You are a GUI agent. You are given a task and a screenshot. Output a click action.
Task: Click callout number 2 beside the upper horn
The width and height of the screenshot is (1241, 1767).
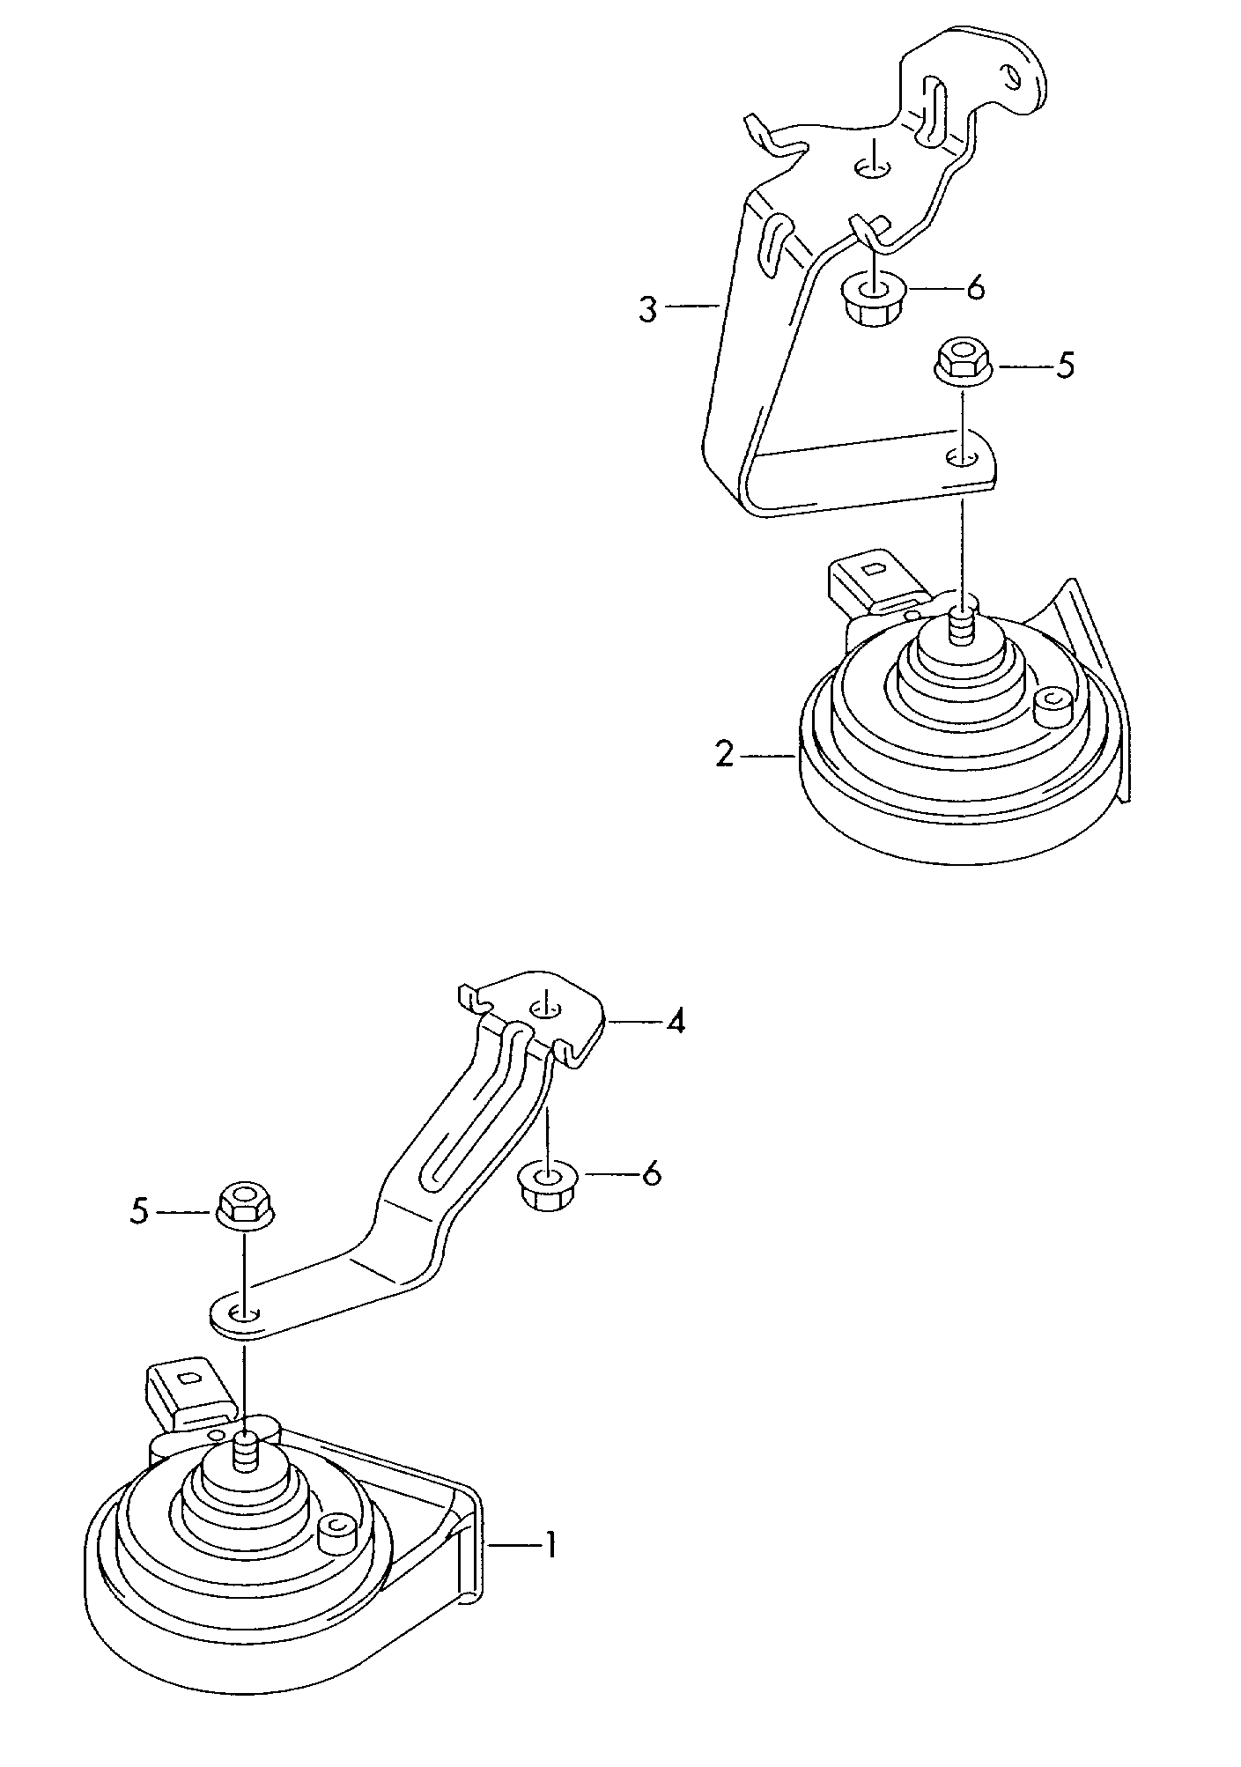point(724,755)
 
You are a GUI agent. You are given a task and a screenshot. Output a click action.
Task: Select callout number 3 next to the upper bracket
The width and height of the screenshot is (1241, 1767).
point(648,310)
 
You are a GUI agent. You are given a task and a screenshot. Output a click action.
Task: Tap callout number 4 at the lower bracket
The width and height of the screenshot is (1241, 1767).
point(675,1022)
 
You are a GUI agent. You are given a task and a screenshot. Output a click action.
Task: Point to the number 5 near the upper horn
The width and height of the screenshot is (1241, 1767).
point(1065,366)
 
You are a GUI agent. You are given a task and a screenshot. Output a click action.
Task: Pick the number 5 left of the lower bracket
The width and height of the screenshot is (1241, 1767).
point(139,1212)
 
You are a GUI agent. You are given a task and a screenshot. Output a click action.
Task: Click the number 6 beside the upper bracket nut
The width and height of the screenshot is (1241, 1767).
point(975,288)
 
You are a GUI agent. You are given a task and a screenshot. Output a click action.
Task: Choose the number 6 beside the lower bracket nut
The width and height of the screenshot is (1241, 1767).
point(651,1174)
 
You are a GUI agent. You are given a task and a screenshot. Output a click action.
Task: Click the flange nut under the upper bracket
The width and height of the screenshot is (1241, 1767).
point(869,301)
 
